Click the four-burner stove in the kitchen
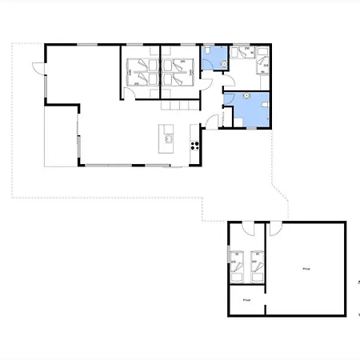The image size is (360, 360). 194,145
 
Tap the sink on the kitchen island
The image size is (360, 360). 170,139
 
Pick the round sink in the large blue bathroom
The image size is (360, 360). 265,104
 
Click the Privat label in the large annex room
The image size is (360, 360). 306,269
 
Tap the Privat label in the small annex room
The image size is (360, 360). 246,301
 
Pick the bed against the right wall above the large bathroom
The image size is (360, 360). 262,67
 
